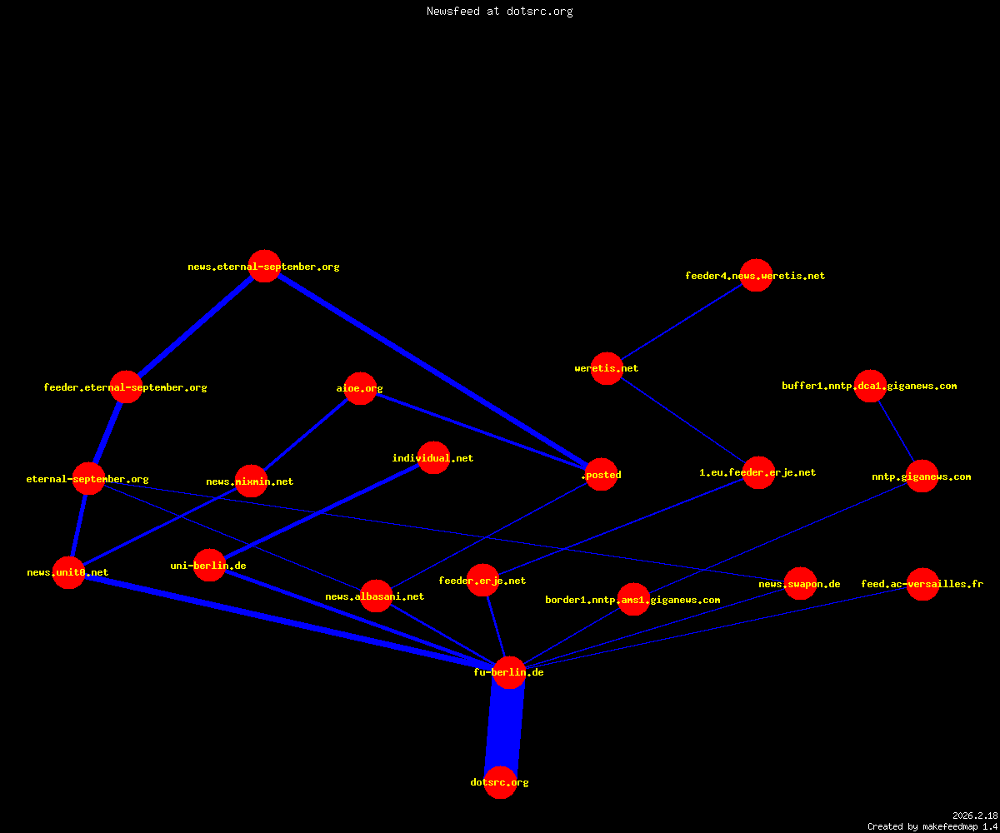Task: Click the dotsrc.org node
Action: coord(500,782)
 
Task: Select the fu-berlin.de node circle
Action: coord(509,672)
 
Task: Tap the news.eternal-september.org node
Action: coord(264,267)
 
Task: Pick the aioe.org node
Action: coord(360,388)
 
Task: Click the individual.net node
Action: coord(433,457)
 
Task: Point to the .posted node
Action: coord(602,475)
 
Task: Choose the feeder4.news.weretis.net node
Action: coord(756,275)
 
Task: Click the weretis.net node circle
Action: coord(607,368)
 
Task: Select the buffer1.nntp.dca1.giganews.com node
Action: coord(870,386)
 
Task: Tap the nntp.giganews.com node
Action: coord(922,476)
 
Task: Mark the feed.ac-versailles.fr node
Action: coord(922,584)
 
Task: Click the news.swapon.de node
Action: coord(800,584)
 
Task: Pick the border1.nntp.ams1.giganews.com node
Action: coord(633,600)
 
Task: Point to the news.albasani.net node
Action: coord(376,596)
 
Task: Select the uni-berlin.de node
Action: coord(209,566)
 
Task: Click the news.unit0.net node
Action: coord(69,572)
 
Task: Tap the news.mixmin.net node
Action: coord(251,481)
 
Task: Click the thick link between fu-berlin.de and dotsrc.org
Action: coord(505,728)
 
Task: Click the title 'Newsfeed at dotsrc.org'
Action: coord(499,11)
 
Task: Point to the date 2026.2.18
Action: coord(975,816)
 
